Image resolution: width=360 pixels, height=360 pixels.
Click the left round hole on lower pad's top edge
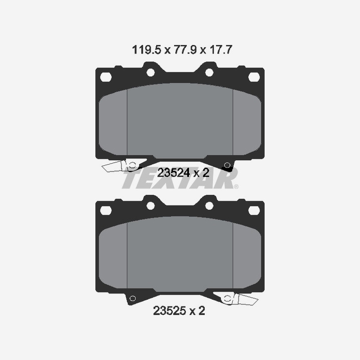pyautogui.click(x=151, y=205)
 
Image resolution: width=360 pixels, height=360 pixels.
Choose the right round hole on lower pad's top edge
pyautogui.click(x=209, y=205)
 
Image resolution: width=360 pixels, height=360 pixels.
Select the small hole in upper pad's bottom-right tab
pyautogui.click(x=227, y=164)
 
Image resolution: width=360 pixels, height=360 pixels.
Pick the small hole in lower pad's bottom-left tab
pyautogui.click(x=132, y=298)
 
